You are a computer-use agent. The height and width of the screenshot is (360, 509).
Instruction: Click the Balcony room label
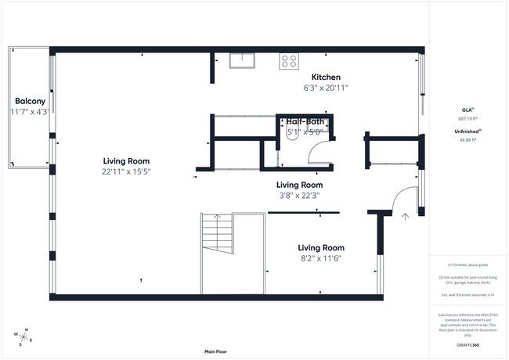pos(30,102)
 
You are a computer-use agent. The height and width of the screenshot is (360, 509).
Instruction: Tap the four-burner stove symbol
pos(289,60)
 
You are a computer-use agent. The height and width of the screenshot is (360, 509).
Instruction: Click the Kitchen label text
pos(326,77)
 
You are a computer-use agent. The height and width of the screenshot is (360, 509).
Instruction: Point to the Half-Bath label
pos(305,122)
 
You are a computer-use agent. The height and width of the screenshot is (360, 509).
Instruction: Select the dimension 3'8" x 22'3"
pos(298,195)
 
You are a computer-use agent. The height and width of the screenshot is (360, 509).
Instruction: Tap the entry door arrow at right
pos(405,217)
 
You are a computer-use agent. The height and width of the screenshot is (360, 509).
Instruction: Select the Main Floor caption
pos(220,351)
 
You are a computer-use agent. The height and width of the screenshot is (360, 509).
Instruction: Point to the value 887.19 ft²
pos(467,118)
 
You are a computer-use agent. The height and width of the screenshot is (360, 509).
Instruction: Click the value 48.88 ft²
pos(467,139)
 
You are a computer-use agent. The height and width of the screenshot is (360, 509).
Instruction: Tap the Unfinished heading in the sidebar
pos(467,131)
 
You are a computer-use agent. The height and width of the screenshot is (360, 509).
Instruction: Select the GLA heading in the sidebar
pos(467,110)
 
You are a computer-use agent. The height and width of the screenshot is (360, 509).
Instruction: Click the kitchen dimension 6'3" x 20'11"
pos(326,88)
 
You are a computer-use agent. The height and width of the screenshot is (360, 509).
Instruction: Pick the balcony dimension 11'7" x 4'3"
pos(30,112)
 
